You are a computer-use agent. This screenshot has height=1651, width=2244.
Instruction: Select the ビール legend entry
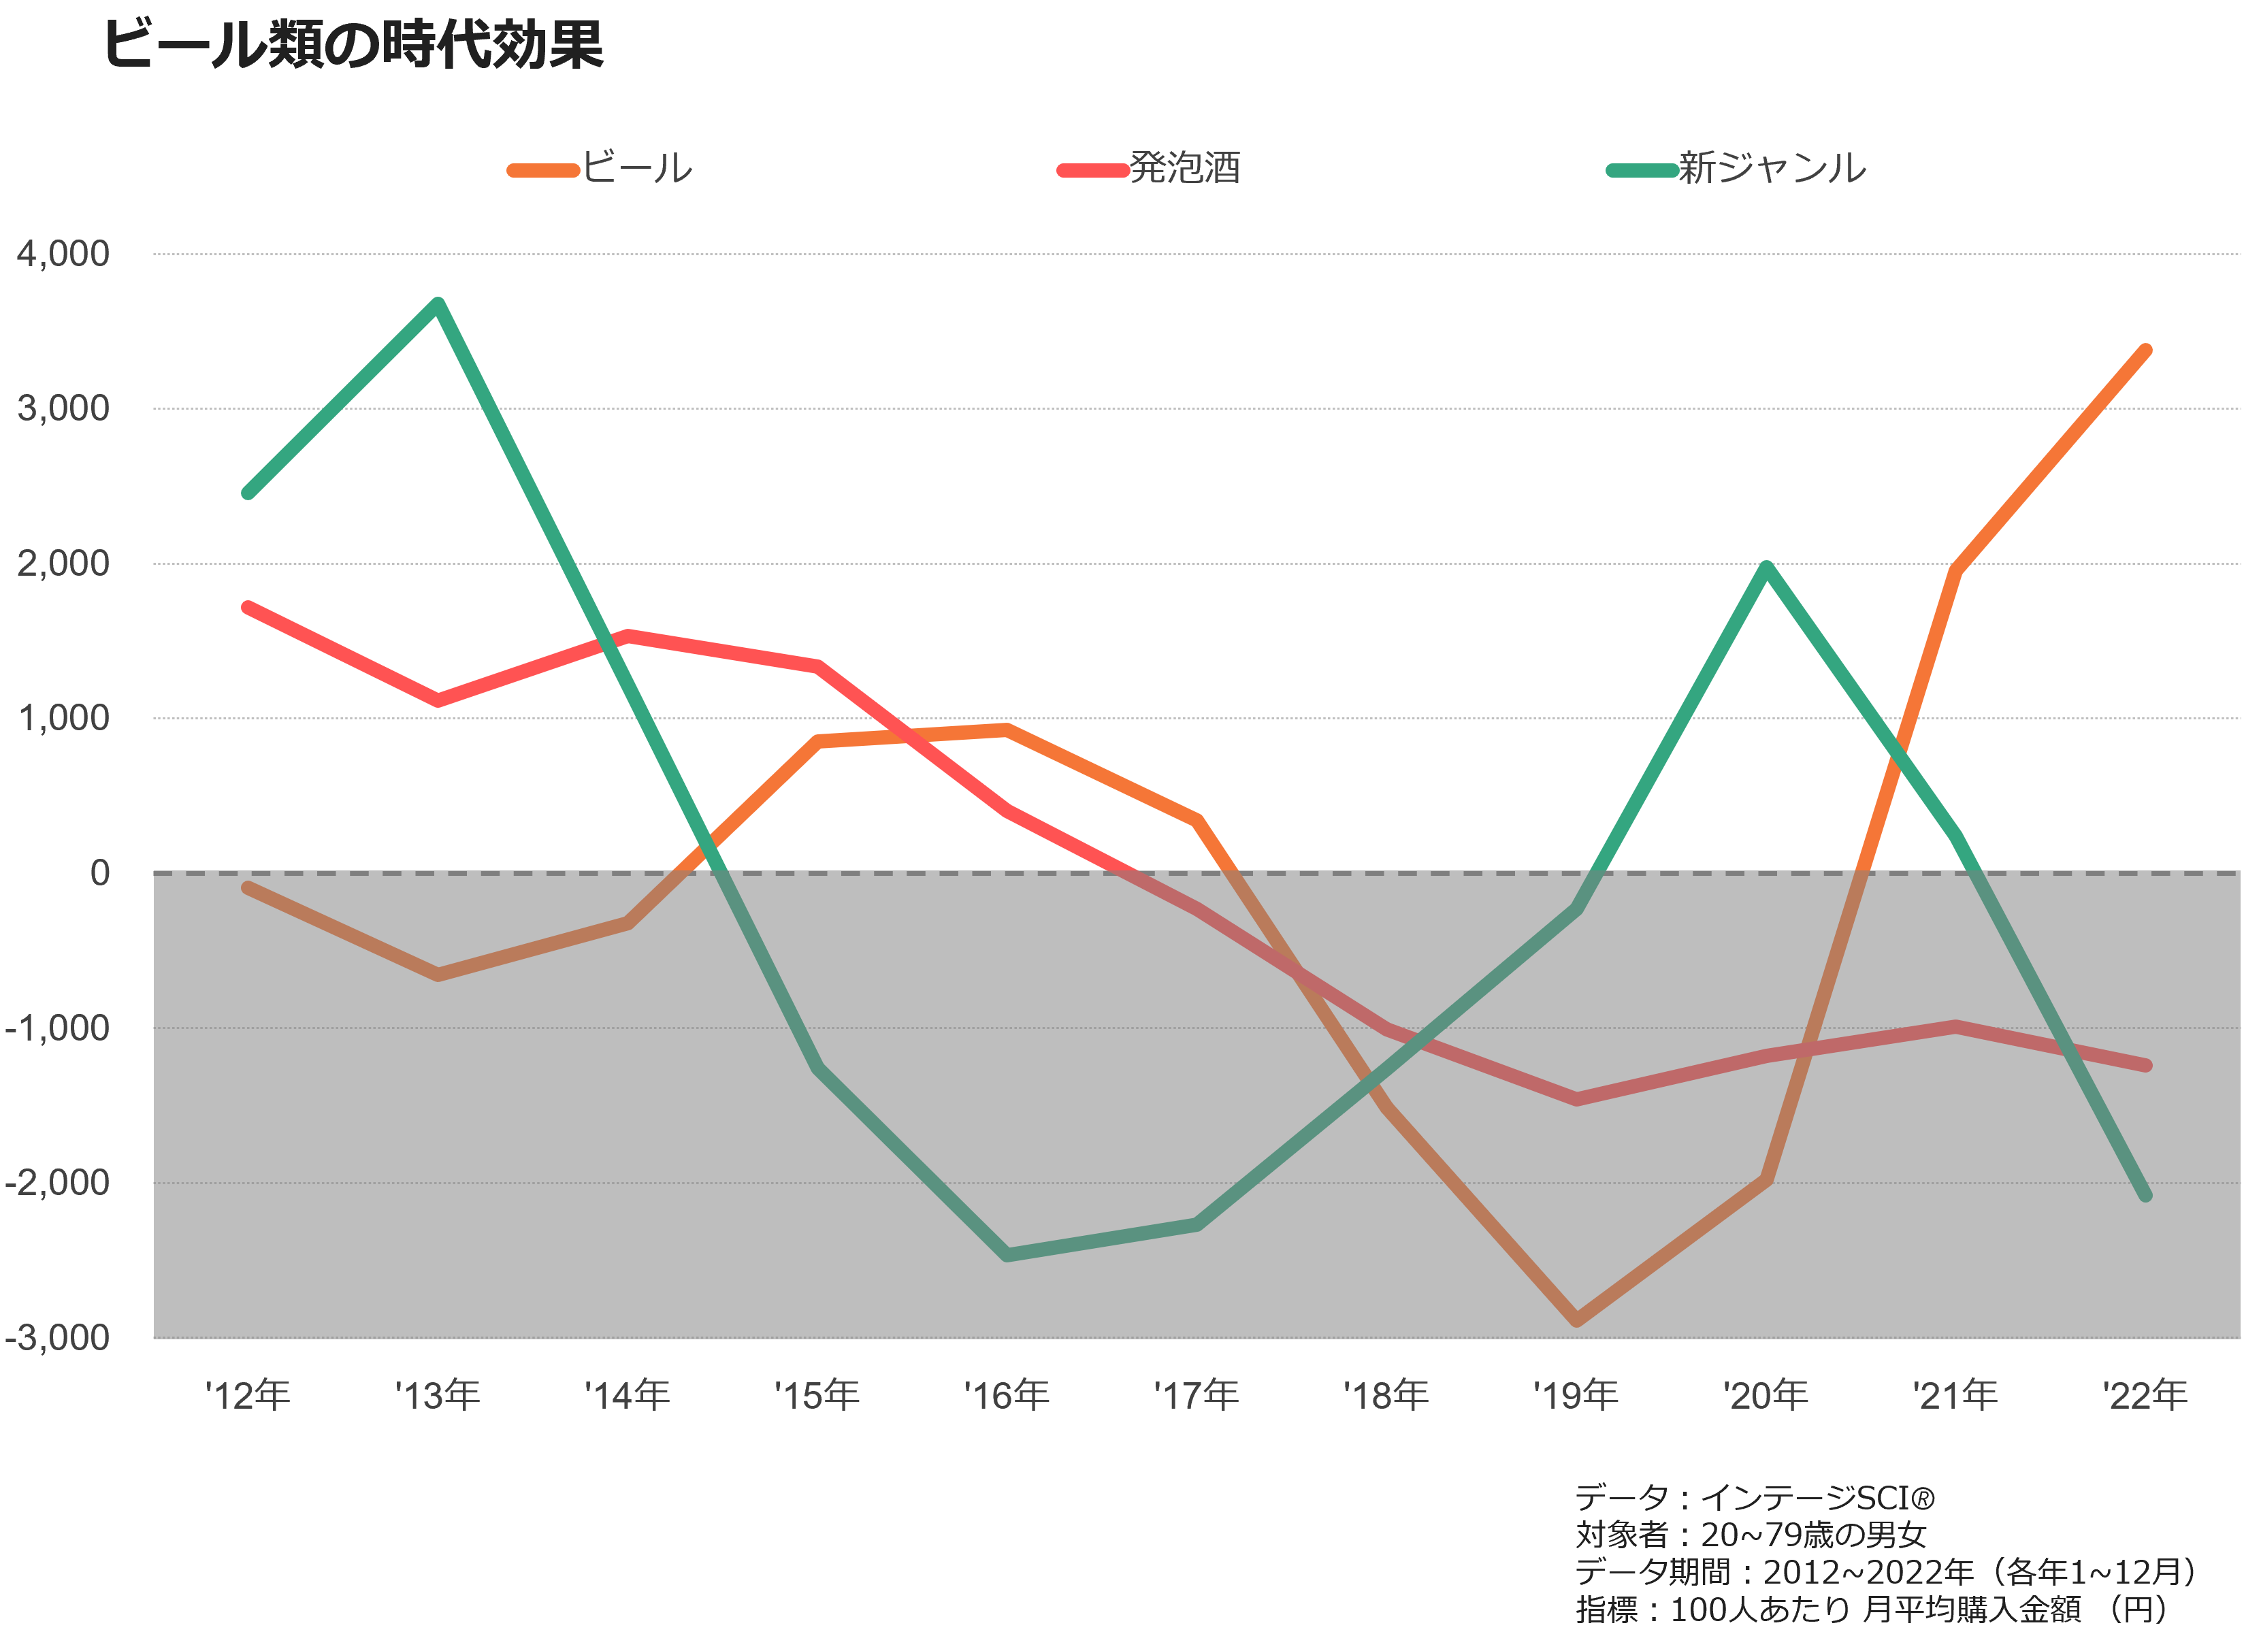pyautogui.click(x=600, y=168)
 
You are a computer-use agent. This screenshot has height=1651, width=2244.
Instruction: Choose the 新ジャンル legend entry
pyautogui.click(x=1736, y=168)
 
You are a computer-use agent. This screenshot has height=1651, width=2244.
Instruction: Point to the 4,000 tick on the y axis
pyautogui.click(x=63, y=254)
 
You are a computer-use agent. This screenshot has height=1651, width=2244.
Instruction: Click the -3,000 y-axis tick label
pyautogui.click(x=57, y=1337)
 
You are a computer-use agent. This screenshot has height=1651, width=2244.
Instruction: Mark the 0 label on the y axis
pyautogui.click(x=100, y=872)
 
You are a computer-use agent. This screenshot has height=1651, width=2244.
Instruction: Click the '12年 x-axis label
pyautogui.click(x=247, y=1395)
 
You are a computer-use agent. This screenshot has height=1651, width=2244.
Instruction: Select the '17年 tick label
pyautogui.click(x=1197, y=1395)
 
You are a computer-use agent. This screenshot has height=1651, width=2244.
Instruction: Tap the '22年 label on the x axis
pyautogui.click(x=2145, y=1395)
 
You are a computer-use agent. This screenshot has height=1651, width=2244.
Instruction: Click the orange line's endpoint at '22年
pyautogui.click(x=2145, y=350)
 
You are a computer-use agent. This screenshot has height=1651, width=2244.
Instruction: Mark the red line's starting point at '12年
pyautogui.click(x=247, y=606)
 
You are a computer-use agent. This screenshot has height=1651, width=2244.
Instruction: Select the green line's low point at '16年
pyautogui.click(x=1007, y=1254)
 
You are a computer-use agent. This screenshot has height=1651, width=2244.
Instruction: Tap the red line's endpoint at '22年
pyautogui.click(x=2145, y=1065)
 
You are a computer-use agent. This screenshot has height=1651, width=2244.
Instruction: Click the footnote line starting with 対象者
pyautogui.click(x=1749, y=1534)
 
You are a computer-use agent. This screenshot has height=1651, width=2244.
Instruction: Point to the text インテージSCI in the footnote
pyautogui.click(x=1817, y=1497)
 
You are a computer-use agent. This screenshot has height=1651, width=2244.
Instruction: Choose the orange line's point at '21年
pyautogui.click(x=1956, y=571)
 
